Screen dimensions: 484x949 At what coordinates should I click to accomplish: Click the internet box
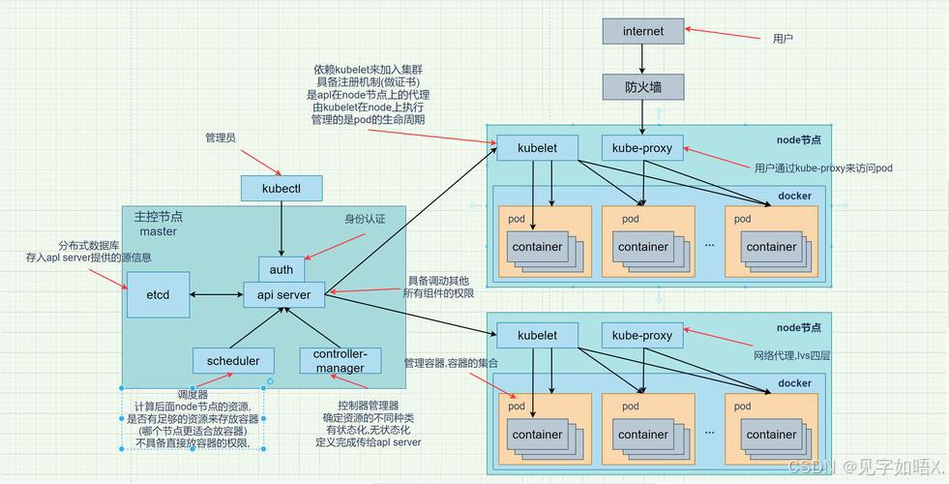click(643, 31)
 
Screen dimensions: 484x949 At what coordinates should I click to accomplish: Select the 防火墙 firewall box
click(643, 87)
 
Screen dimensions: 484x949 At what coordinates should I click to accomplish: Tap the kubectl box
click(282, 187)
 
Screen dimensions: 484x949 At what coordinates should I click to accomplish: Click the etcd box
click(158, 294)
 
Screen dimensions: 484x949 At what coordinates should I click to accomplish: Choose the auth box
click(282, 269)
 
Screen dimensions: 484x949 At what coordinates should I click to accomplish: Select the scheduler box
click(233, 361)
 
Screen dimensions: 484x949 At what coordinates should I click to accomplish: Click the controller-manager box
click(339, 361)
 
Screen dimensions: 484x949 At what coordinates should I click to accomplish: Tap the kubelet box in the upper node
click(537, 148)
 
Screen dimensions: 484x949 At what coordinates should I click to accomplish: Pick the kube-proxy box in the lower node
click(643, 335)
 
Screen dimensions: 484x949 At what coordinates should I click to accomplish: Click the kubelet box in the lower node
click(537, 335)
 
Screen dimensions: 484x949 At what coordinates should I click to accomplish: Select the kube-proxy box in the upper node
click(643, 148)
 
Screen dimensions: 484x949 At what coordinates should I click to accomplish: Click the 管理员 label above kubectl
click(221, 138)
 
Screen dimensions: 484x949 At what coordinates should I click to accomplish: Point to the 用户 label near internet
click(783, 39)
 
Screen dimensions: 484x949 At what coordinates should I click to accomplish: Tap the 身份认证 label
click(365, 220)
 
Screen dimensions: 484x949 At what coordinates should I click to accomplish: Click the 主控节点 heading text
click(159, 216)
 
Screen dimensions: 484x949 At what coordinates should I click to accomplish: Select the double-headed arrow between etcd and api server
click(216, 294)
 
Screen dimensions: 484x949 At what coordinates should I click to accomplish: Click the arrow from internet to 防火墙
click(643, 59)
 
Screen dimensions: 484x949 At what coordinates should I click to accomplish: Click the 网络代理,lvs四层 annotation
click(791, 356)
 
